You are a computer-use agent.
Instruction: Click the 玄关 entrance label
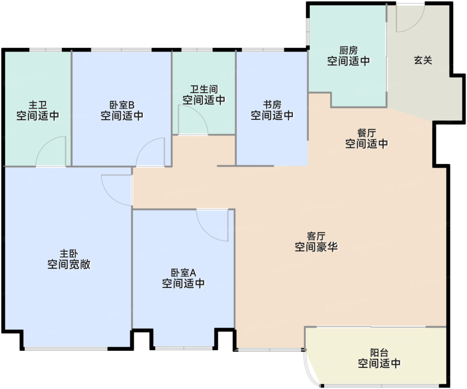[423, 60]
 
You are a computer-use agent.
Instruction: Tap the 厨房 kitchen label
[349, 50]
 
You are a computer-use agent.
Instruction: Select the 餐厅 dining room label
[367, 133]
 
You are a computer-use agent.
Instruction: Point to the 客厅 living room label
[316, 236]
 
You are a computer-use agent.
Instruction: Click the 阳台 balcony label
[379, 353]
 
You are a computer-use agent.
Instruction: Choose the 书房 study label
[272, 105]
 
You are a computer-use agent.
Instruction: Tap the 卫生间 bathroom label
[204, 89]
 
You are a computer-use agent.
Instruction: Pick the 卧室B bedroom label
[122, 105]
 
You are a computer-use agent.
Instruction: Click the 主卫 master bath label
[38, 105]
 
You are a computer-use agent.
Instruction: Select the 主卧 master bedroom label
[69, 254]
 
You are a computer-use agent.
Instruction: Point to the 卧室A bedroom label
[183, 273]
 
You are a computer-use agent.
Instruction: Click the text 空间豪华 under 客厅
[316, 247]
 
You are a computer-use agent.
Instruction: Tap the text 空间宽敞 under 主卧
[69, 264]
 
